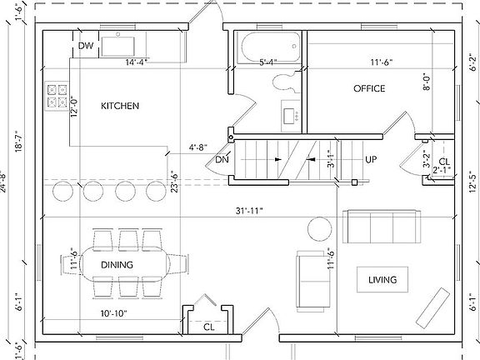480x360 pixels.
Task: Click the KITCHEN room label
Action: tap(119, 106)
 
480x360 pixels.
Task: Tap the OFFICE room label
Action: tap(368, 88)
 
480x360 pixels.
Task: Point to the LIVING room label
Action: tap(382, 280)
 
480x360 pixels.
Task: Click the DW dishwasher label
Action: tap(85, 46)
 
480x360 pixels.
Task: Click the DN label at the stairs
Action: tap(222, 159)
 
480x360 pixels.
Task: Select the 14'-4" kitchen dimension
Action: tap(138, 62)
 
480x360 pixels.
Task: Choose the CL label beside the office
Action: tap(443, 161)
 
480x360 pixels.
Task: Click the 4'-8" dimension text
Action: tap(198, 147)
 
